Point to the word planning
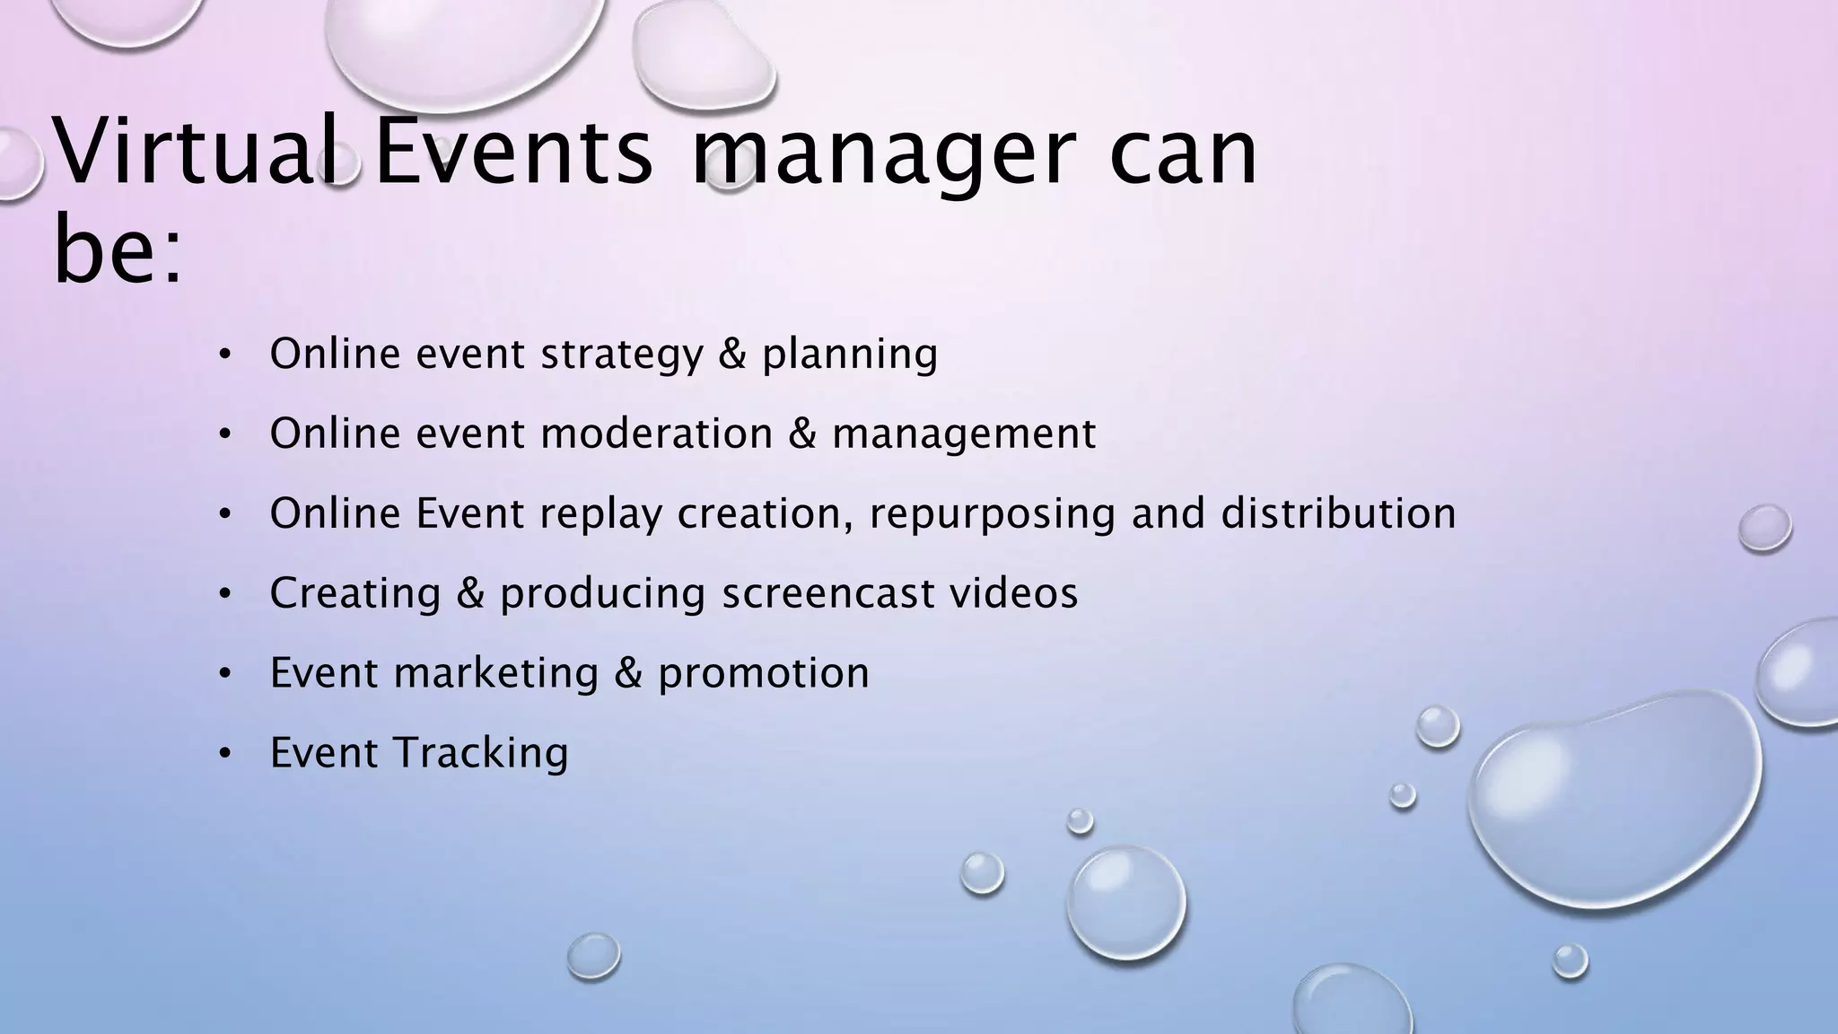[849, 354]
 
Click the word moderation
[657, 434]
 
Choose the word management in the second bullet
[963, 434]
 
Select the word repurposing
[992, 513]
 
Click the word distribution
[1337, 513]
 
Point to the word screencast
[828, 593]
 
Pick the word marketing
[496, 673]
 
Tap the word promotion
[763, 673]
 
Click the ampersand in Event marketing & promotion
[628, 673]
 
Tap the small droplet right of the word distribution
[1764, 528]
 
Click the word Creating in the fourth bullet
[355, 593]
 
